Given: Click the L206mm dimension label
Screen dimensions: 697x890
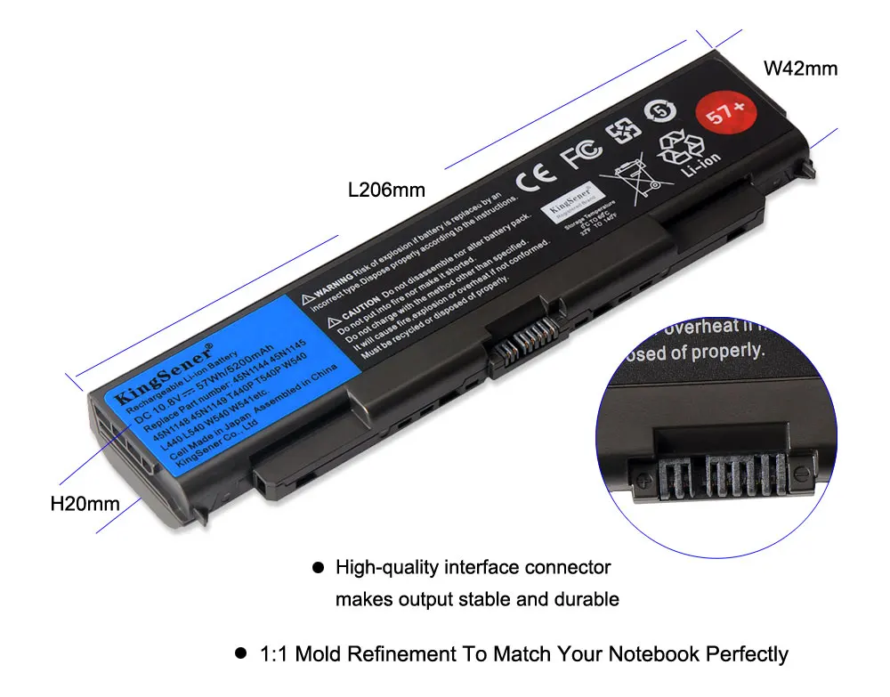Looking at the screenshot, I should pos(386,190).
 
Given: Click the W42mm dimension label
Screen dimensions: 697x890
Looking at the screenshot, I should pos(800,69).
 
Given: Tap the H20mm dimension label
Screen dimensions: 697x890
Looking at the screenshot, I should pos(85,504).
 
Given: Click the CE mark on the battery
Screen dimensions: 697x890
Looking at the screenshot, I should pos(538,177).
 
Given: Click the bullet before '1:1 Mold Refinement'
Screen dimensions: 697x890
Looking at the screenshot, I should pos(239,654).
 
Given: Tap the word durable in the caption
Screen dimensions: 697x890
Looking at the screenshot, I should pos(585,600).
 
